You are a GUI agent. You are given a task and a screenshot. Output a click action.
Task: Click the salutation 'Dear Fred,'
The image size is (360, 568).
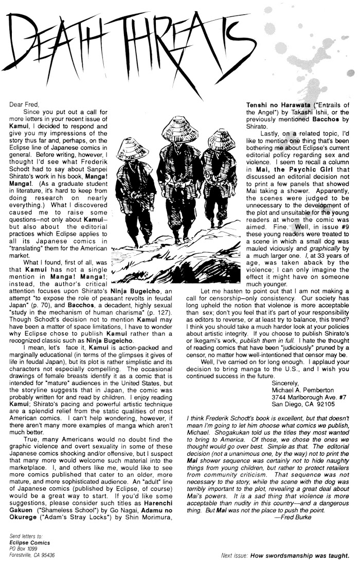24,104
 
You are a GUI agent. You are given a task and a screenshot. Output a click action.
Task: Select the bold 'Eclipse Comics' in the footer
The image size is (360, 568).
29,542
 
